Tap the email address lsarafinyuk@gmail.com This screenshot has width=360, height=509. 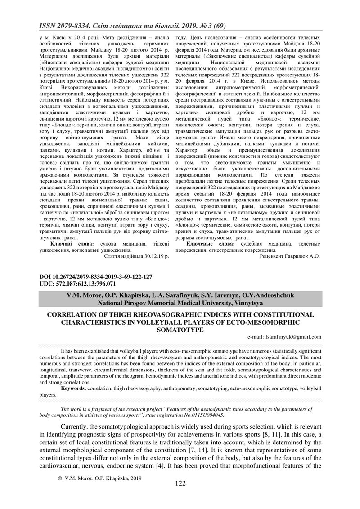click(284, 336)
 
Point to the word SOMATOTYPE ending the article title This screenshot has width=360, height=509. click(180, 330)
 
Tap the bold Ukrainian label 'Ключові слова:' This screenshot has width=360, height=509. click(71, 243)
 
